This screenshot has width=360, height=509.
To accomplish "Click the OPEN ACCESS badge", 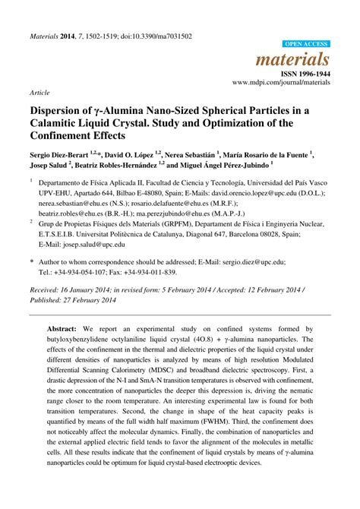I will point(305,45).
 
